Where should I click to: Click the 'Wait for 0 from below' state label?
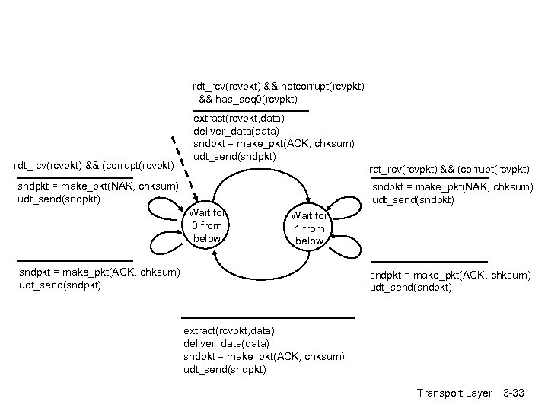pyautogui.click(x=207, y=225)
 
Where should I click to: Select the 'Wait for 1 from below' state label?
pyautogui.click(x=309, y=228)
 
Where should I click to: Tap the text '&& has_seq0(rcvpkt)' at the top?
pyautogui.click(x=247, y=100)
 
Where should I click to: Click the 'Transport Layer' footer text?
pyautogui.click(x=454, y=393)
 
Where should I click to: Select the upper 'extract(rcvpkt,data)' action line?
pyautogui.click(x=239, y=119)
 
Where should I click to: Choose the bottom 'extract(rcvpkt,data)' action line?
pyautogui.click(x=229, y=330)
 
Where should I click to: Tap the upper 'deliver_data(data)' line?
pyautogui.click(x=236, y=131)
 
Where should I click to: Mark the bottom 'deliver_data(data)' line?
pyautogui.click(x=226, y=343)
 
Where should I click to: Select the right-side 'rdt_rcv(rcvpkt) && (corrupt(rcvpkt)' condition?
pyautogui.click(x=448, y=169)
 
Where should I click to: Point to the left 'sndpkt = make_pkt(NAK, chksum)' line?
pyautogui.click(x=97, y=186)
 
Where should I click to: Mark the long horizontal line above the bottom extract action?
pyautogui.click(x=268, y=317)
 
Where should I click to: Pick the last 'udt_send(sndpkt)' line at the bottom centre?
pyautogui.click(x=225, y=369)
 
